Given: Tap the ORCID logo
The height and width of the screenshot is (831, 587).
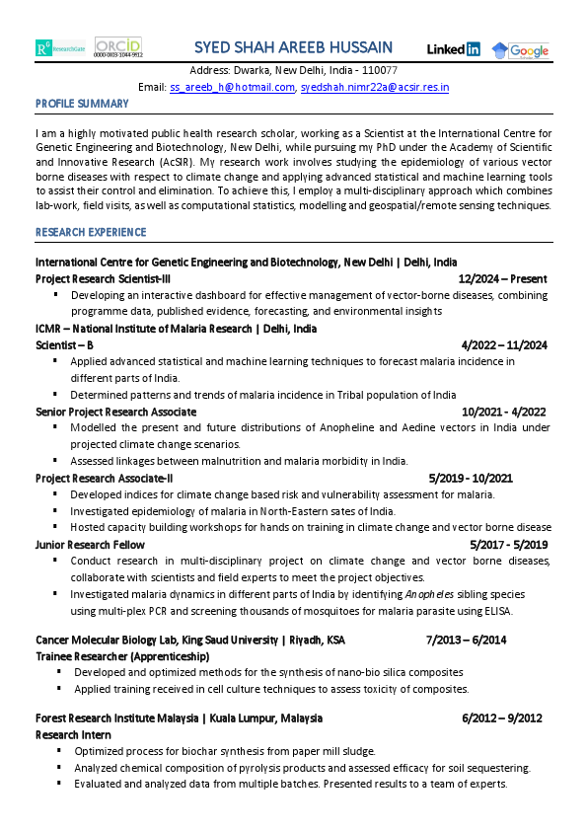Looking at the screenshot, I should [117, 47].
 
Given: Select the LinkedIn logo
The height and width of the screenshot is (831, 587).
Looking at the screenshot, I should [453, 49].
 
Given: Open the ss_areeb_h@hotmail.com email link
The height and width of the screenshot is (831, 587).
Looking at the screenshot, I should [232, 87].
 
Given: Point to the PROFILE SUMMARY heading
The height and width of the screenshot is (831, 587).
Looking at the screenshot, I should [82, 104].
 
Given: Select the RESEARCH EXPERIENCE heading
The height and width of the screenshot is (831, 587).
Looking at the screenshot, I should [91, 232].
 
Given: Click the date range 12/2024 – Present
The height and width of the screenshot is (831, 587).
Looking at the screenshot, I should [502, 279].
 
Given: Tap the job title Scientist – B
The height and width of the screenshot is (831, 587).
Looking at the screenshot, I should [65, 345].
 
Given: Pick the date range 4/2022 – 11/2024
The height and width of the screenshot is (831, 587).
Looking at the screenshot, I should [504, 345].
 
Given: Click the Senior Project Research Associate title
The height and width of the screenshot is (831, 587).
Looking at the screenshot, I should [115, 412].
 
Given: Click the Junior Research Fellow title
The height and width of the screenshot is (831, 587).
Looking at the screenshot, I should [90, 545].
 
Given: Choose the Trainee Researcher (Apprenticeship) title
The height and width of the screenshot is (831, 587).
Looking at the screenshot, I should [122, 655].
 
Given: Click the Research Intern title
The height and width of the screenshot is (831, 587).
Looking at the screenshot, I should [73, 735].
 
